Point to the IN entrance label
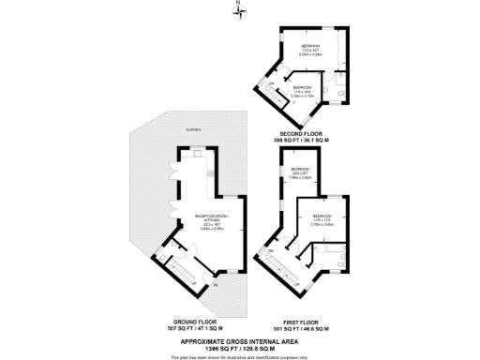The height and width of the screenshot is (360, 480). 215,284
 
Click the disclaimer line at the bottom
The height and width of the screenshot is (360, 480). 240,357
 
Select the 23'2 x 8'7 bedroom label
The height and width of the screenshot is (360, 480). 301,172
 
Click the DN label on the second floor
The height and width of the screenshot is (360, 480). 271,85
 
